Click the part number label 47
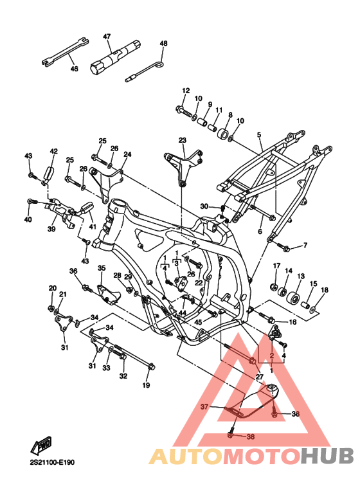coord(107,37)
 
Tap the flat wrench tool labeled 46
coord(66,52)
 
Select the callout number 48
coord(163,44)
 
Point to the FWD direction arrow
coord(41,445)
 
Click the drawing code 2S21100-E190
coord(52,462)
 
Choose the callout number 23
coord(182,140)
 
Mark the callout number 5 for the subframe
coord(259,135)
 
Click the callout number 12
coord(186,91)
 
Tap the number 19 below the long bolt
coord(146,385)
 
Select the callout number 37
coord(204,406)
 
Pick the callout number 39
coord(51,229)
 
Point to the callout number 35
coord(102,268)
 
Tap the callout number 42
coord(54,151)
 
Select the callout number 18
coord(325,290)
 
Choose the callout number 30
coord(204,206)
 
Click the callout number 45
coord(198,322)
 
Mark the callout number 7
coord(305,245)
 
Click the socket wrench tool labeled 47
coord(116,57)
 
